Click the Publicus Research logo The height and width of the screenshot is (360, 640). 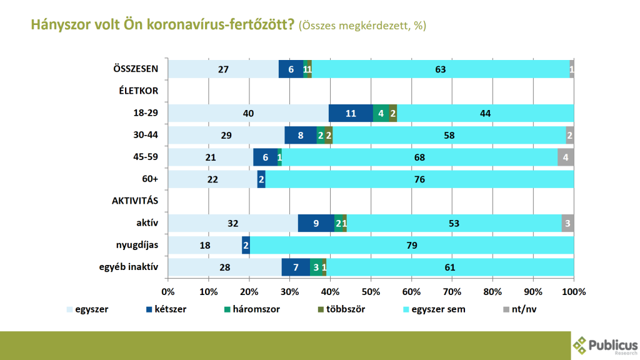(x=605, y=345)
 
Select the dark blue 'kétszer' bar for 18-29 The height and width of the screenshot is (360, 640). (x=351, y=113)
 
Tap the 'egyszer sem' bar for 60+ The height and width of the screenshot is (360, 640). (x=419, y=179)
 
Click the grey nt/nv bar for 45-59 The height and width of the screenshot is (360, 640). (x=566, y=157)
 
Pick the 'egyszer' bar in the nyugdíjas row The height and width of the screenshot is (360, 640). (x=205, y=245)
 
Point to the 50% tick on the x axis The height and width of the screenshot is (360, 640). (x=371, y=291)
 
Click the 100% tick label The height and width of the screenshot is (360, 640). (x=573, y=291)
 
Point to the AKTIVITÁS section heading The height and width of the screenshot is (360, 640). (x=134, y=201)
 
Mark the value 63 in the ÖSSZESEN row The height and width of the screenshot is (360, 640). (x=440, y=69)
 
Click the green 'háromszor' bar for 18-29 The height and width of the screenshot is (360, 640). (x=381, y=113)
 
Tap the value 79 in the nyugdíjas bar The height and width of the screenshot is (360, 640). (x=411, y=245)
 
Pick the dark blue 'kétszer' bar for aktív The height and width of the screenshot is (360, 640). (x=316, y=223)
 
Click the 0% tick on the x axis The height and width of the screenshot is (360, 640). (x=168, y=291)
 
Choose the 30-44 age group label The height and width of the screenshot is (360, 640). (x=145, y=135)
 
